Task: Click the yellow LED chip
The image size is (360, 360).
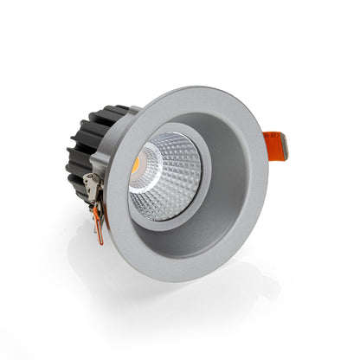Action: tap(138, 164)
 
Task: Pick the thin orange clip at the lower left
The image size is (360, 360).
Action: tap(100, 227)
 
